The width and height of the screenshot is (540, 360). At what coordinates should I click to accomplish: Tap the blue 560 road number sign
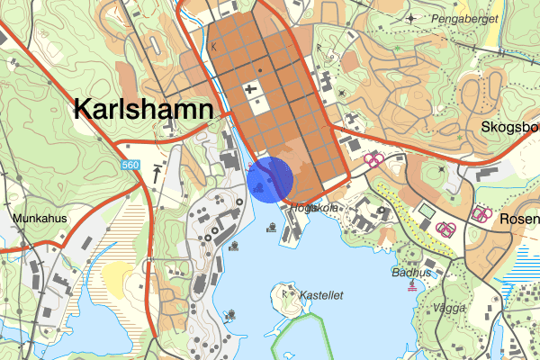[131, 165]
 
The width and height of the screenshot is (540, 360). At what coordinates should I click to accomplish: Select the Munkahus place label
[40, 218]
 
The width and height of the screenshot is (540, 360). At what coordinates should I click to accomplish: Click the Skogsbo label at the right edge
[509, 127]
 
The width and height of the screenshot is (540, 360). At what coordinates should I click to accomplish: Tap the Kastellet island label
[322, 294]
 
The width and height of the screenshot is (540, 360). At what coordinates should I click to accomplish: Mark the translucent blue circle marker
[270, 179]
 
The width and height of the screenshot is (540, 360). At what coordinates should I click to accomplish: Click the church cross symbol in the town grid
[249, 88]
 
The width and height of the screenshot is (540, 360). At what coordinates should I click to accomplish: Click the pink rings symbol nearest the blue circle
[372, 160]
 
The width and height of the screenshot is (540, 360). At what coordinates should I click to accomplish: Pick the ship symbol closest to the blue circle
[271, 227]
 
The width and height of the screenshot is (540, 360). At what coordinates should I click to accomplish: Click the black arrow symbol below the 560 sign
[158, 171]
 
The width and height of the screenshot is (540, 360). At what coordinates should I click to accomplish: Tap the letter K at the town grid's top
[214, 44]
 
